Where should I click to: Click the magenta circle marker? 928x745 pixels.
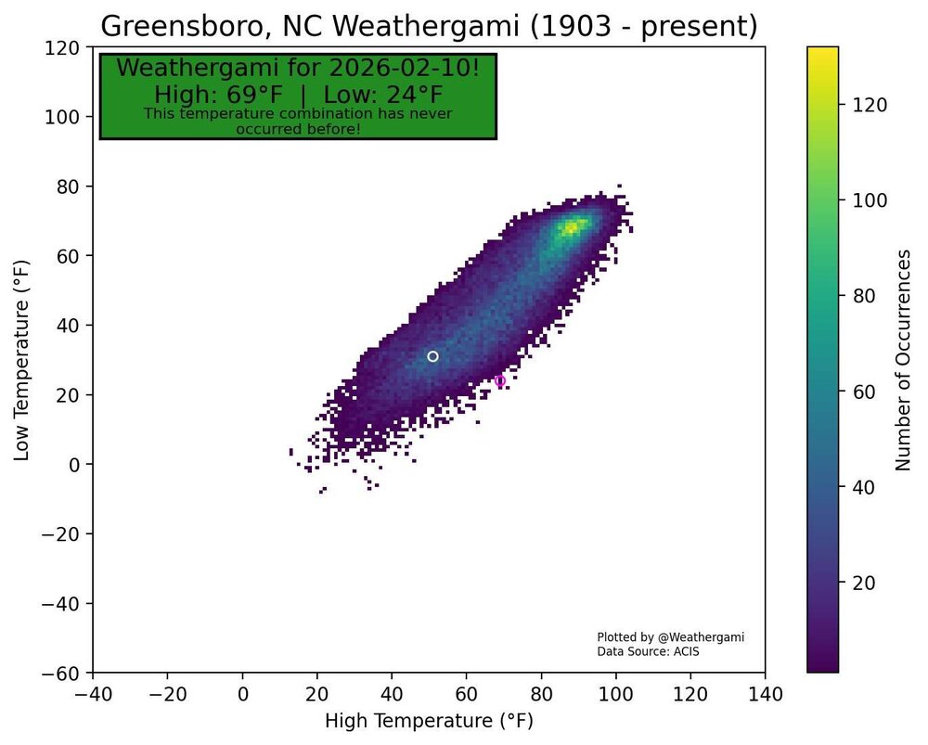(x=500, y=381)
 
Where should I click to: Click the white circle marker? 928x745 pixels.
(x=432, y=356)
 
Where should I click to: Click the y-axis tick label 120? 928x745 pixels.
(x=71, y=47)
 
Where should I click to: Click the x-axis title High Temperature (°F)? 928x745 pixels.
(x=429, y=721)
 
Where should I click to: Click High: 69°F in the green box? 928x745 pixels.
(x=218, y=95)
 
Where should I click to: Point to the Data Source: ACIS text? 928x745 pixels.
(x=648, y=652)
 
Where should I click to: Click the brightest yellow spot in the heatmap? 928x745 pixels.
(x=573, y=227)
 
